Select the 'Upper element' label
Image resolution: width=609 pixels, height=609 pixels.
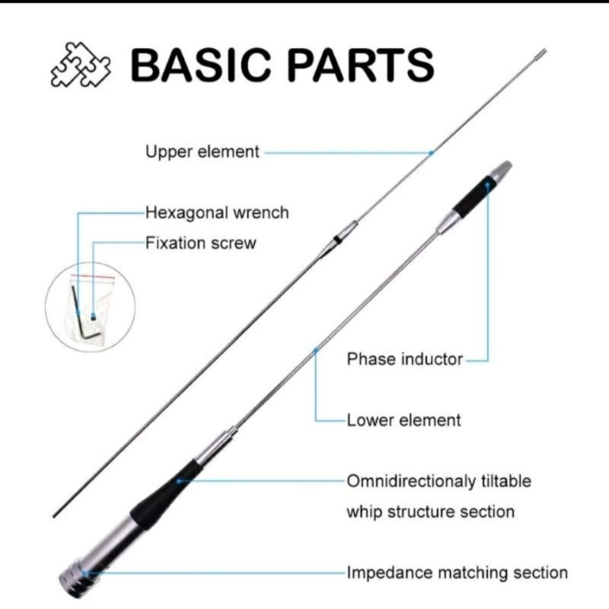click(202, 152)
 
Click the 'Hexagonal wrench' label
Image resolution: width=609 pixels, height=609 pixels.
click(217, 212)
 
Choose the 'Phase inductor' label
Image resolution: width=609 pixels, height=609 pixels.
click(404, 359)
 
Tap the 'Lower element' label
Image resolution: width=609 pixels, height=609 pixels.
click(403, 419)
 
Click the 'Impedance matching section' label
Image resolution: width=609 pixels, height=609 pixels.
click(457, 572)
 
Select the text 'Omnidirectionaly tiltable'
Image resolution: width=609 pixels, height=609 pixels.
click(438, 481)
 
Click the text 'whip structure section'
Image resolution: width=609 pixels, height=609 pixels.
click(430, 511)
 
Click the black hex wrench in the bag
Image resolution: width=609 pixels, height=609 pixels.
click(78, 308)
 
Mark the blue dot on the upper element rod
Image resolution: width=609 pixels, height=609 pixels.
click(431, 152)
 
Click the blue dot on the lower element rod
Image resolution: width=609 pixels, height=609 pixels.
click(317, 351)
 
